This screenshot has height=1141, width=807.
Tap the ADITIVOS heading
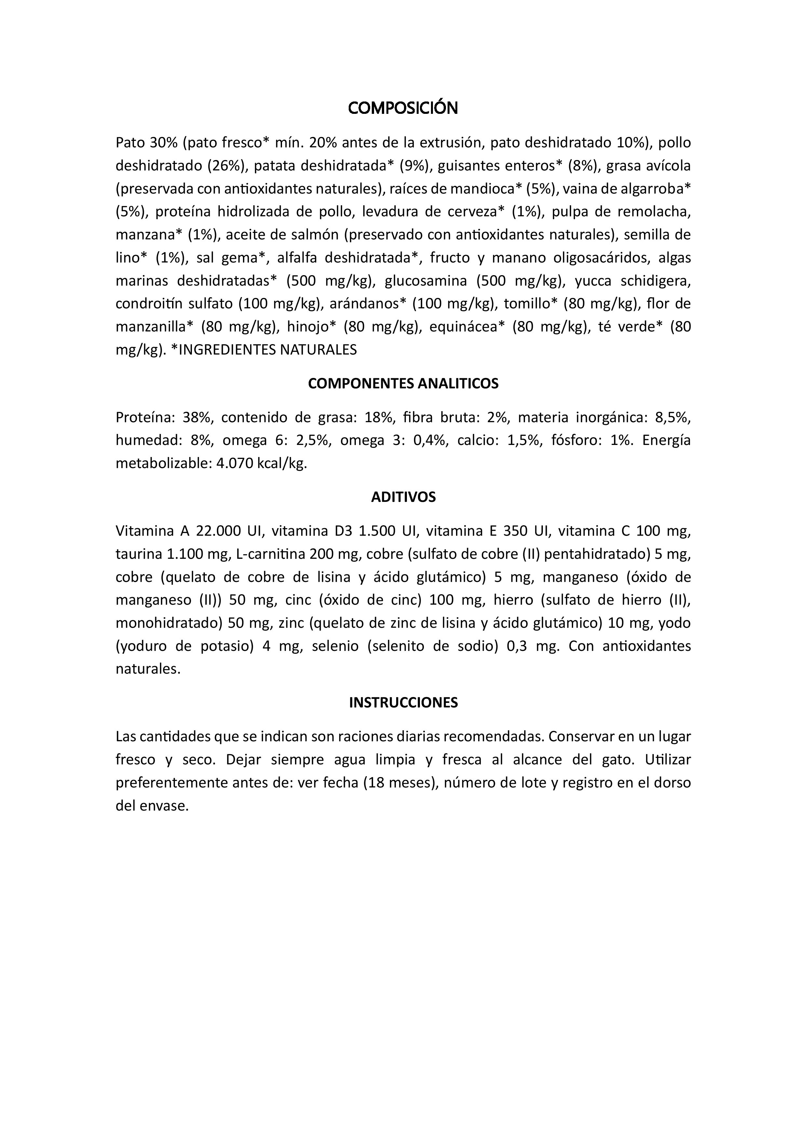(x=403, y=497)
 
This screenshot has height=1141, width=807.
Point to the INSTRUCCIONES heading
(x=403, y=702)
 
